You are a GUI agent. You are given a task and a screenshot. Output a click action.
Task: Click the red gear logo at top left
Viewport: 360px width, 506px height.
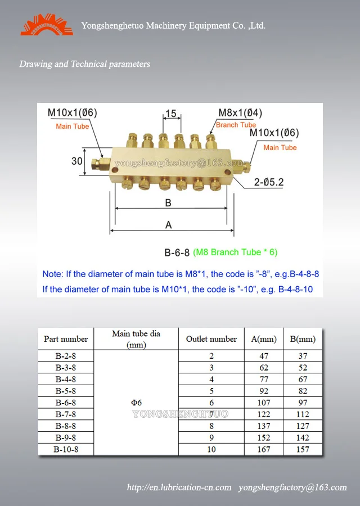[x=47, y=25]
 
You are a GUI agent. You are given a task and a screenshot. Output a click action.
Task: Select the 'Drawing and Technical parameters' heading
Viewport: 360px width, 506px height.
[x=85, y=64]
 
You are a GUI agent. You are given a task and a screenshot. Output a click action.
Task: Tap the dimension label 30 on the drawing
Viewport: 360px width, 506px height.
[x=77, y=161]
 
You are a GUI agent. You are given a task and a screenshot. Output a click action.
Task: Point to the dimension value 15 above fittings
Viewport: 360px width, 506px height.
[x=171, y=114]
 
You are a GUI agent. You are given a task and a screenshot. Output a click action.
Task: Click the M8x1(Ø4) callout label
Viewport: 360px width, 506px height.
[x=240, y=113]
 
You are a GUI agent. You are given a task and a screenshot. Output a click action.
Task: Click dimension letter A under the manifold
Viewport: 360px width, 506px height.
[x=168, y=225]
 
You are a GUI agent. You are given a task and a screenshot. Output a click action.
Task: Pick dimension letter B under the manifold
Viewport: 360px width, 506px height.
[x=168, y=202]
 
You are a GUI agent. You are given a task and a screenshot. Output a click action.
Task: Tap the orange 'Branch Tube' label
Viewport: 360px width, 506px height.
[x=236, y=125]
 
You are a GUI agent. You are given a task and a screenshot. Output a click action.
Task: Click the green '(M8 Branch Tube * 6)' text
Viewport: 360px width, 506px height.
[x=235, y=252]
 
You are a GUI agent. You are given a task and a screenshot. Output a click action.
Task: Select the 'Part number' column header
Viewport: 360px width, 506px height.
[x=66, y=339]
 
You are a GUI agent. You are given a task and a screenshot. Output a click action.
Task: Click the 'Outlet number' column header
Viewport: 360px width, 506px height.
[x=211, y=339]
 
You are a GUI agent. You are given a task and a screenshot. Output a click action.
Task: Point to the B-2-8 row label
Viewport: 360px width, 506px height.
[x=66, y=356]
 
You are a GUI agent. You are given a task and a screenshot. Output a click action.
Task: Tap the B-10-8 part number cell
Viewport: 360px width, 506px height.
[x=66, y=449]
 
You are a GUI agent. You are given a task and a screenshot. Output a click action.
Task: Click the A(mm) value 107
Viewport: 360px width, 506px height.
[x=264, y=403]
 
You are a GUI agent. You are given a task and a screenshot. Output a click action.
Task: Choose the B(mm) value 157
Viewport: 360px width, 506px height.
[x=303, y=449]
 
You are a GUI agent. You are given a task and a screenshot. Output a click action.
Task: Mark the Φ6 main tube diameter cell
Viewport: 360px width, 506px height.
[x=136, y=403]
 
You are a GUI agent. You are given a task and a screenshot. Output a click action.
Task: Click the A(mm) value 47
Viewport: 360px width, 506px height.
[x=264, y=356]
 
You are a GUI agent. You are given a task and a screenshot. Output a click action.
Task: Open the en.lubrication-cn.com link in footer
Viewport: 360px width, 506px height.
[x=179, y=487]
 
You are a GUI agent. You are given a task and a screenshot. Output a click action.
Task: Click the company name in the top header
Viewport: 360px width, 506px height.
[x=173, y=26]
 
